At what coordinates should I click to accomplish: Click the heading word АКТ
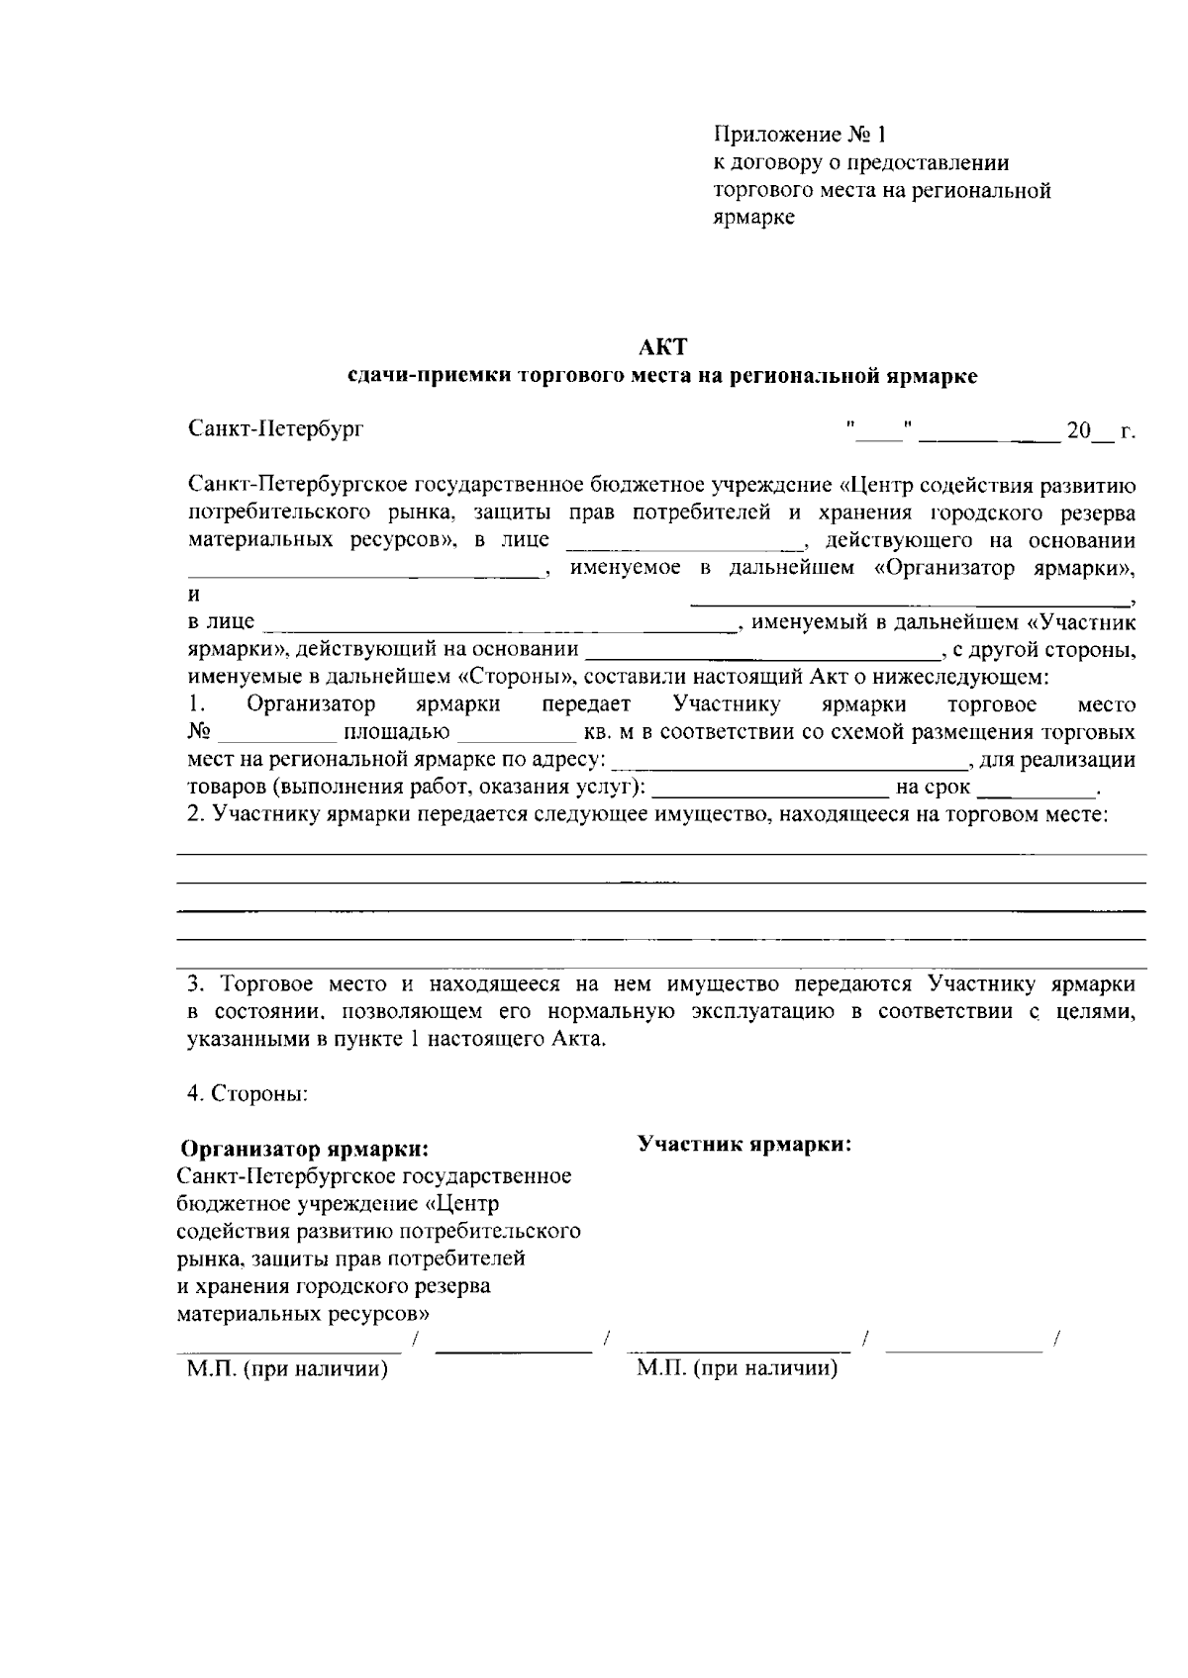click(x=661, y=347)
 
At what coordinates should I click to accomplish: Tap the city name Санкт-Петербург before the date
click(x=276, y=430)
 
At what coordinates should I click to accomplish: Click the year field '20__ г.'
click(x=1099, y=431)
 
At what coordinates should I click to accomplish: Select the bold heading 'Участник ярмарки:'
click(x=744, y=1144)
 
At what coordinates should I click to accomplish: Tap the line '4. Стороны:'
click(x=247, y=1094)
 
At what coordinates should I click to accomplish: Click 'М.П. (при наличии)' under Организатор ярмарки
click(x=287, y=1369)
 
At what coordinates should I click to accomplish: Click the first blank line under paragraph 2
click(x=661, y=851)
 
